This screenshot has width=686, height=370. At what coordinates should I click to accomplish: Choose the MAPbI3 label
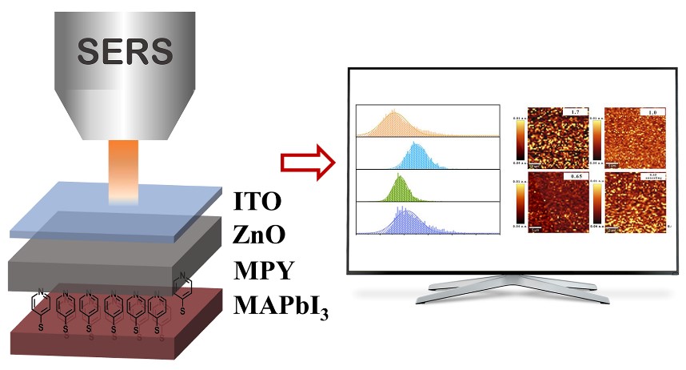(x=277, y=305)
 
